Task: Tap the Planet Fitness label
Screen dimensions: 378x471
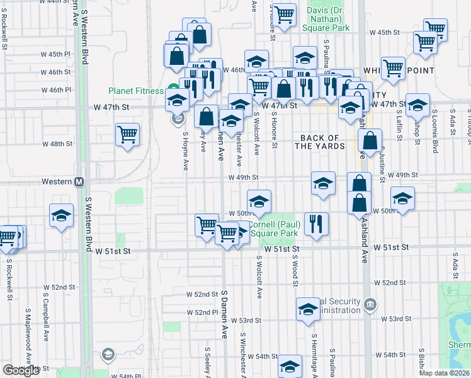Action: coord(135,91)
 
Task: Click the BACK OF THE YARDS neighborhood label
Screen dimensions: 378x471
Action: coord(321,142)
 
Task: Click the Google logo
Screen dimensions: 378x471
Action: coord(21,370)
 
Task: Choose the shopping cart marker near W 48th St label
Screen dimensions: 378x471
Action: coord(127,134)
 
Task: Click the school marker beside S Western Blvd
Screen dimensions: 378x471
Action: coord(62,215)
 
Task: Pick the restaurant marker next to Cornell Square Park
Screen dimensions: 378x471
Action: coord(315,223)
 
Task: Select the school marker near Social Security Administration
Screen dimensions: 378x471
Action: coord(307,309)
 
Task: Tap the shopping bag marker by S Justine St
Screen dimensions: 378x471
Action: coord(372,140)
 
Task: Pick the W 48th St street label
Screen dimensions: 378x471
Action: coord(58,144)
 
